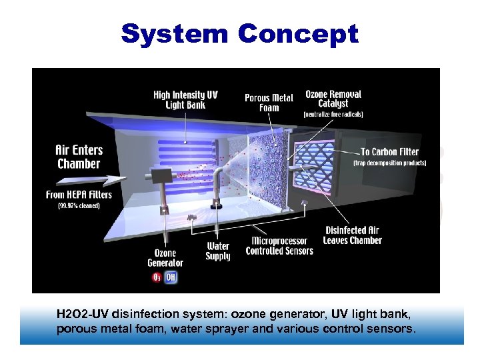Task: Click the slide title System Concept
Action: tap(239, 33)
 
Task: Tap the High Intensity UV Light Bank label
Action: tap(185, 100)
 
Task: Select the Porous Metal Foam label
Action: tap(269, 103)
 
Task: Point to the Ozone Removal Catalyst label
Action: tap(333, 99)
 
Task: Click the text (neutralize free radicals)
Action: tap(333, 115)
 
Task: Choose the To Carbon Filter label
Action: tap(389, 152)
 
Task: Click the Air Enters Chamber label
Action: tap(78, 157)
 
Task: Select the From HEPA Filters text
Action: tap(79, 194)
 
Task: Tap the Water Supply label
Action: tap(218, 251)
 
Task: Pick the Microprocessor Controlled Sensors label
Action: tap(279, 246)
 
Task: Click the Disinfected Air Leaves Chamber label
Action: tap(353, 235)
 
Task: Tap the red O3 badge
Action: tap(156, 277)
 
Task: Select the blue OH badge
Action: tap(171, 277)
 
